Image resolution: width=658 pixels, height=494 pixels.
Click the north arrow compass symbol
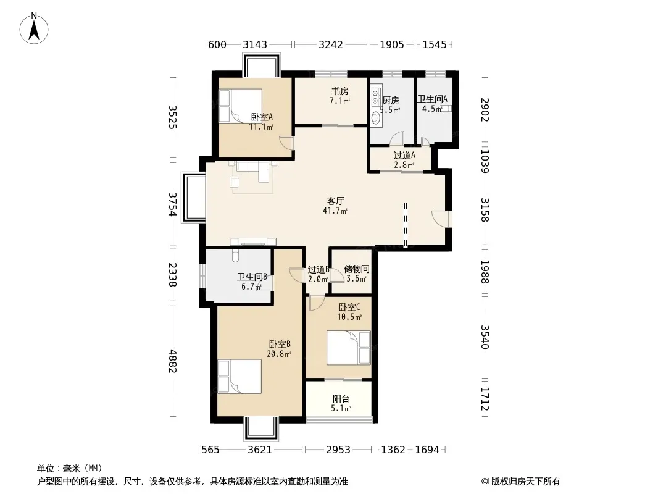point(34,28)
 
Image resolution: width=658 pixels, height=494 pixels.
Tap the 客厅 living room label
point(336,201)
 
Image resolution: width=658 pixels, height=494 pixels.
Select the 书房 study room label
point(340,91)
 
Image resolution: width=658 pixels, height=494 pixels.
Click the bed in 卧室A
point(240,106)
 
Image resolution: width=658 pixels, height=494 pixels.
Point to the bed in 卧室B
point(239,377)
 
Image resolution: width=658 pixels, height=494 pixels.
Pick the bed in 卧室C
point(349,348)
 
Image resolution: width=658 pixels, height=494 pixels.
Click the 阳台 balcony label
point(341,399)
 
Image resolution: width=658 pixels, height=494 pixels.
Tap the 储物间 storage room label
point(356,269)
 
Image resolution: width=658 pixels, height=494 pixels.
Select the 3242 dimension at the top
point(331,44)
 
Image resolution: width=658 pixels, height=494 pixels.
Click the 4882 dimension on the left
point(172,361)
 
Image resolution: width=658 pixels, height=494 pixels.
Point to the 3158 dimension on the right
point(485,210)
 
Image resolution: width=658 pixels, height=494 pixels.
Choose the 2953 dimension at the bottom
point(338,450)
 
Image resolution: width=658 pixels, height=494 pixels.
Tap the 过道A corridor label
point(404,155)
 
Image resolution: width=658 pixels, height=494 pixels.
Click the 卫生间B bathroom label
point(252,277)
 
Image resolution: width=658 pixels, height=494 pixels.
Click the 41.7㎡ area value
point(335,211)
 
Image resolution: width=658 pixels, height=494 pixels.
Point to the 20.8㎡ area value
point(279,354)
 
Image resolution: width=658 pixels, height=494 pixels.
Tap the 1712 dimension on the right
point(485,399)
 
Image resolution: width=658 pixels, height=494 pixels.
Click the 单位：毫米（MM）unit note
point(70,469)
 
